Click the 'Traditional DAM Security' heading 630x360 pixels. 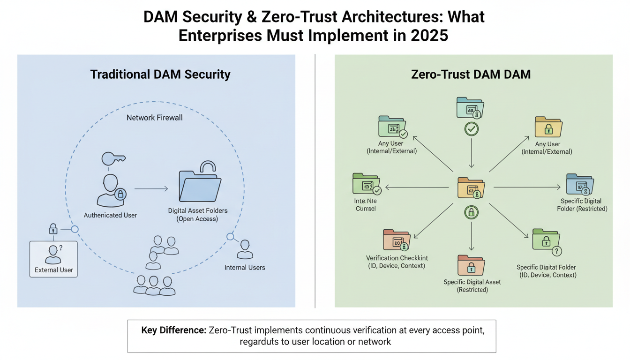point(160,74)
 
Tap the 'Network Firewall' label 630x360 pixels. point(155,118)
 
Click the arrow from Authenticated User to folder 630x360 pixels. point(151,189)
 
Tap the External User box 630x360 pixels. point(53,259)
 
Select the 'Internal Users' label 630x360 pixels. point(245,268)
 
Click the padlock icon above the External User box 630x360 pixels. point(53,229)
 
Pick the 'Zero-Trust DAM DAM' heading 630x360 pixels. point(471,74)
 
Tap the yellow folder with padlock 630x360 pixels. point(548,127)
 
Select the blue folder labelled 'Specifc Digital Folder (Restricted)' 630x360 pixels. point(580,184)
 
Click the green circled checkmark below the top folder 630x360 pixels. point(471,129)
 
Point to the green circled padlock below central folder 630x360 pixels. point(471,212)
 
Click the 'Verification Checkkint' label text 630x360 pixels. point(397,258)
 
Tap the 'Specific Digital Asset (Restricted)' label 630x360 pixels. point(472,286)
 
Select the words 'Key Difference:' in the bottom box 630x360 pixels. point(173,330)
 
